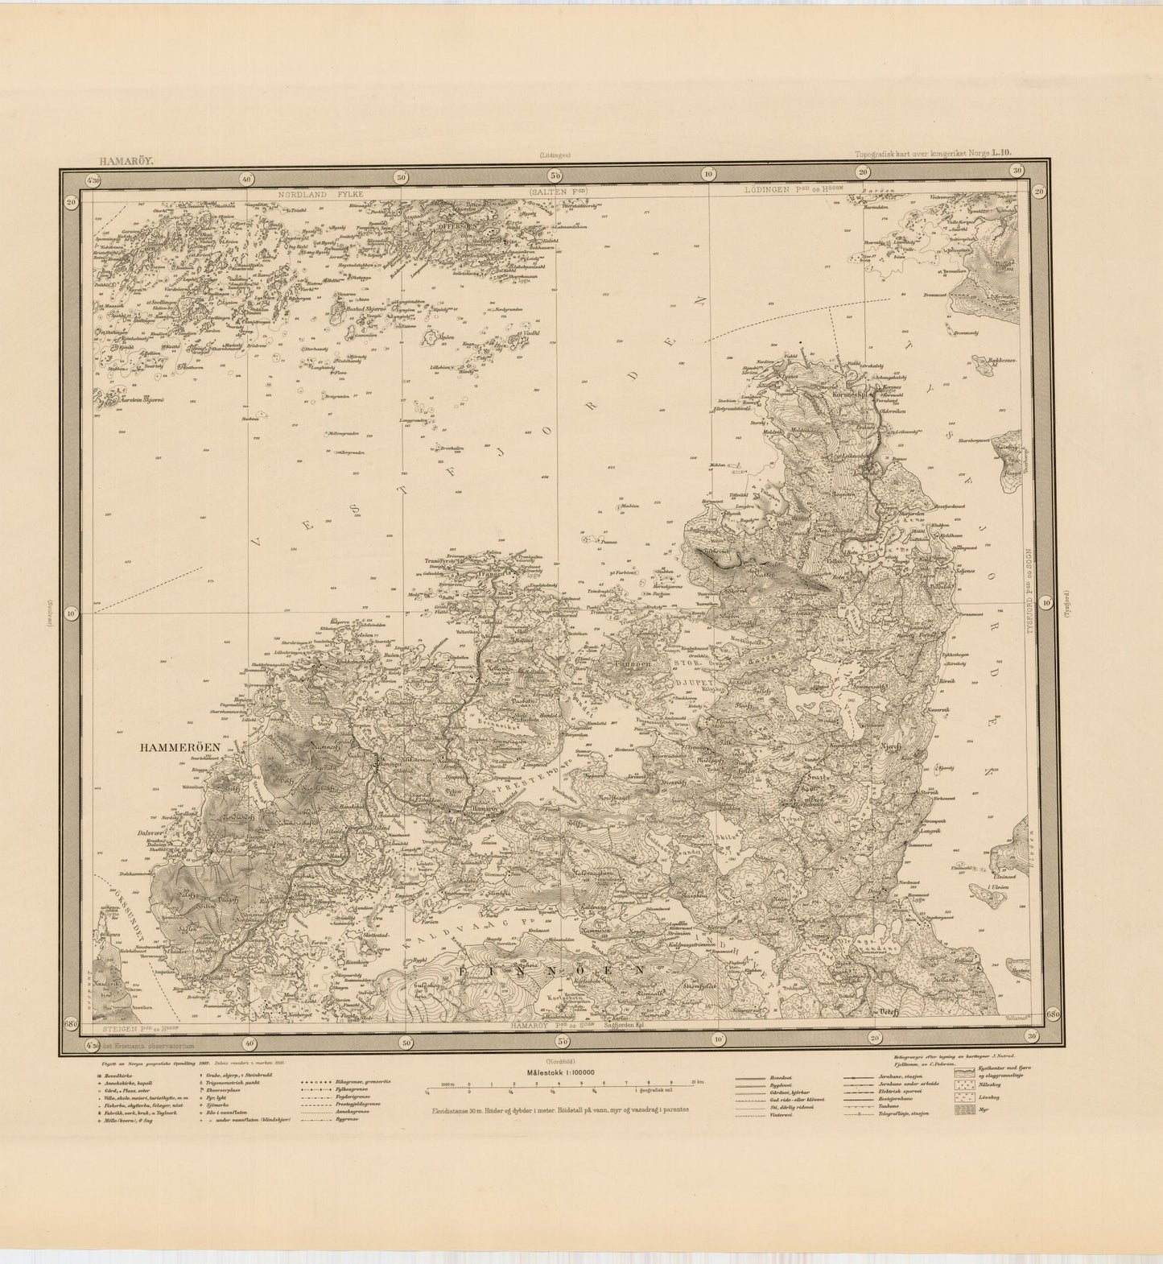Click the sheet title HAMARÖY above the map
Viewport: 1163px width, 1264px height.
click(x=122, y=161)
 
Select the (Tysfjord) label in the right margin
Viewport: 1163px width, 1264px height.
click(x=1067, y=604)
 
